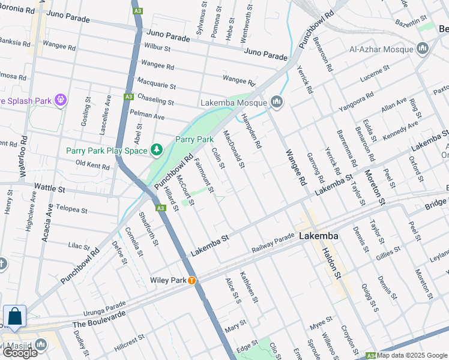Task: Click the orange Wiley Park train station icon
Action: (x=191, y=280)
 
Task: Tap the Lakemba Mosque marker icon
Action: (x=277, y=102)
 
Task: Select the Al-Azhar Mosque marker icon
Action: (x=423, y=48)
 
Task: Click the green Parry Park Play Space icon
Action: (x=157, y=149)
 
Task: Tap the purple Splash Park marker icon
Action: (x=60, y=100)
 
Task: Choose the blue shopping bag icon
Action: (x=14, y=316)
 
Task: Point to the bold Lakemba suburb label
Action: (x=318, y=236)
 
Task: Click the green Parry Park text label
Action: (x=194, y=139)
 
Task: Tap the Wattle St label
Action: (x=50, y=188)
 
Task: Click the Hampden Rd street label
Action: (x=252, y=130)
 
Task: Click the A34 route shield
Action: (x=370, y=355)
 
